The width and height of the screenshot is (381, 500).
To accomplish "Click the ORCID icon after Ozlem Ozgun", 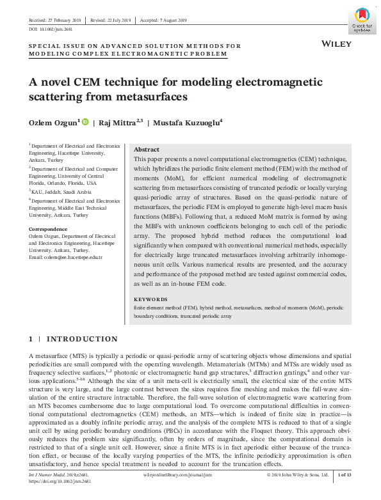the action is point(85,122).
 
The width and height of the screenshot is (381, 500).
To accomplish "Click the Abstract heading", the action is point(147,148).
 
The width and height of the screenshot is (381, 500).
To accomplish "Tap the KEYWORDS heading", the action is point(151,299).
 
